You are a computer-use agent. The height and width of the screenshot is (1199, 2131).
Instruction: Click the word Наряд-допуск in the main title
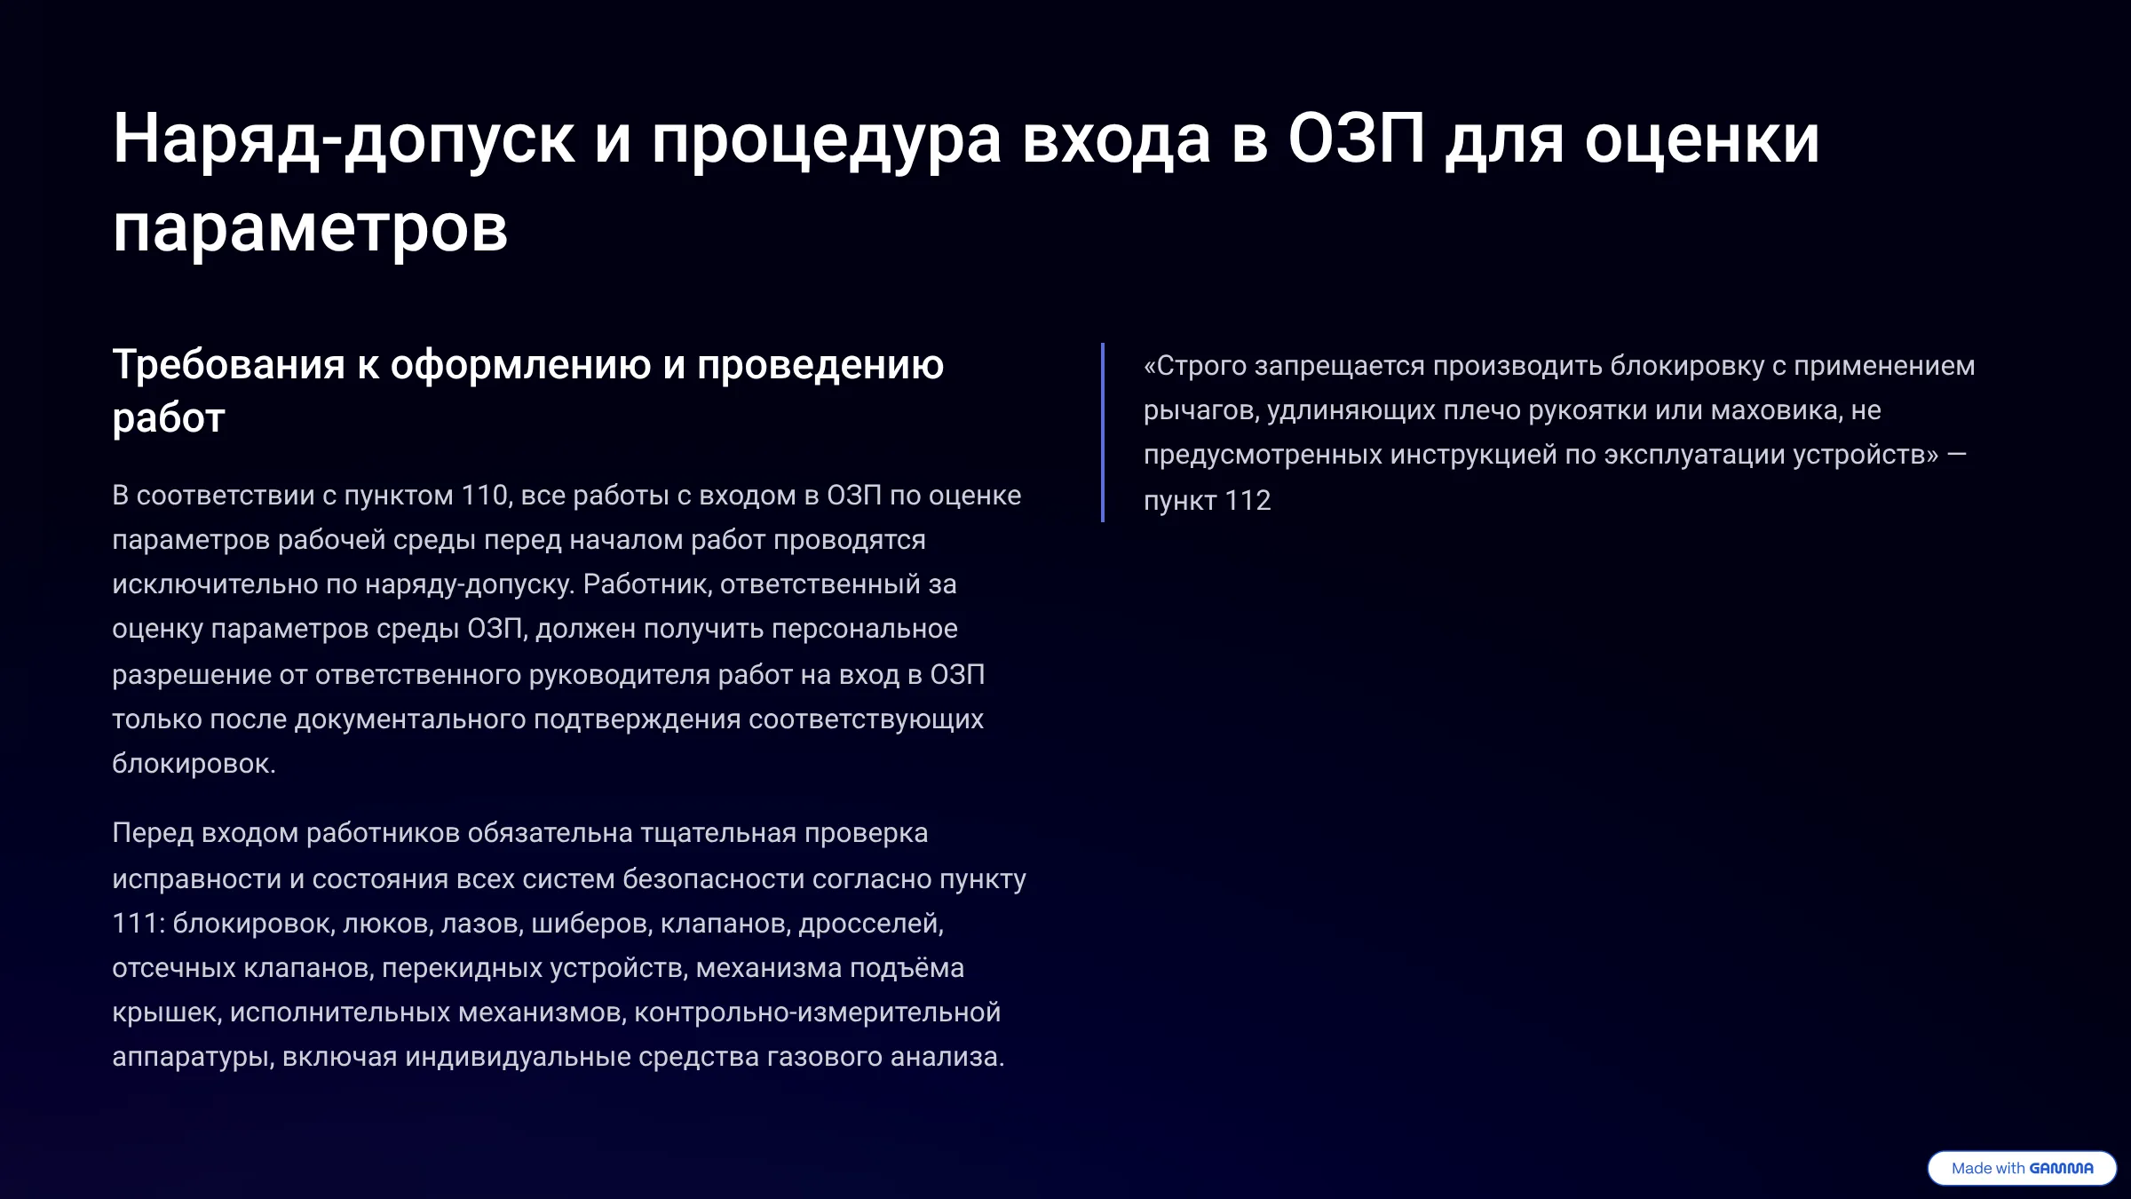(344, 139)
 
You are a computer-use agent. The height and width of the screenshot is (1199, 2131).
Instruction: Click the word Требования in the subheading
(229, 365)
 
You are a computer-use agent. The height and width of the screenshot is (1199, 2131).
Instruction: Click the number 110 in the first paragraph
(484, 496)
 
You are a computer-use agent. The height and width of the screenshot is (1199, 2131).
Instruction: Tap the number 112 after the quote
(1248, 501)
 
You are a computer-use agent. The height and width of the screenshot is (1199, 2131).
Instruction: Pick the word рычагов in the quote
(1200, 411)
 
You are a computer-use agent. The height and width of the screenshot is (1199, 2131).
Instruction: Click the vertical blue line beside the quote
(1103, 433)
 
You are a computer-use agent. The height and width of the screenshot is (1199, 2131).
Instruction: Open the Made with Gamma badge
(2022, 1168)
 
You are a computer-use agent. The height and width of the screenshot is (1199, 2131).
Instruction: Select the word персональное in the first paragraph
(865, 630)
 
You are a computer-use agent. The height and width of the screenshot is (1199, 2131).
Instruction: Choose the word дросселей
(871, 925)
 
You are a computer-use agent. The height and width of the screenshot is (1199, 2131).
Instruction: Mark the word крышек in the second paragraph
(165, 1013)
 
